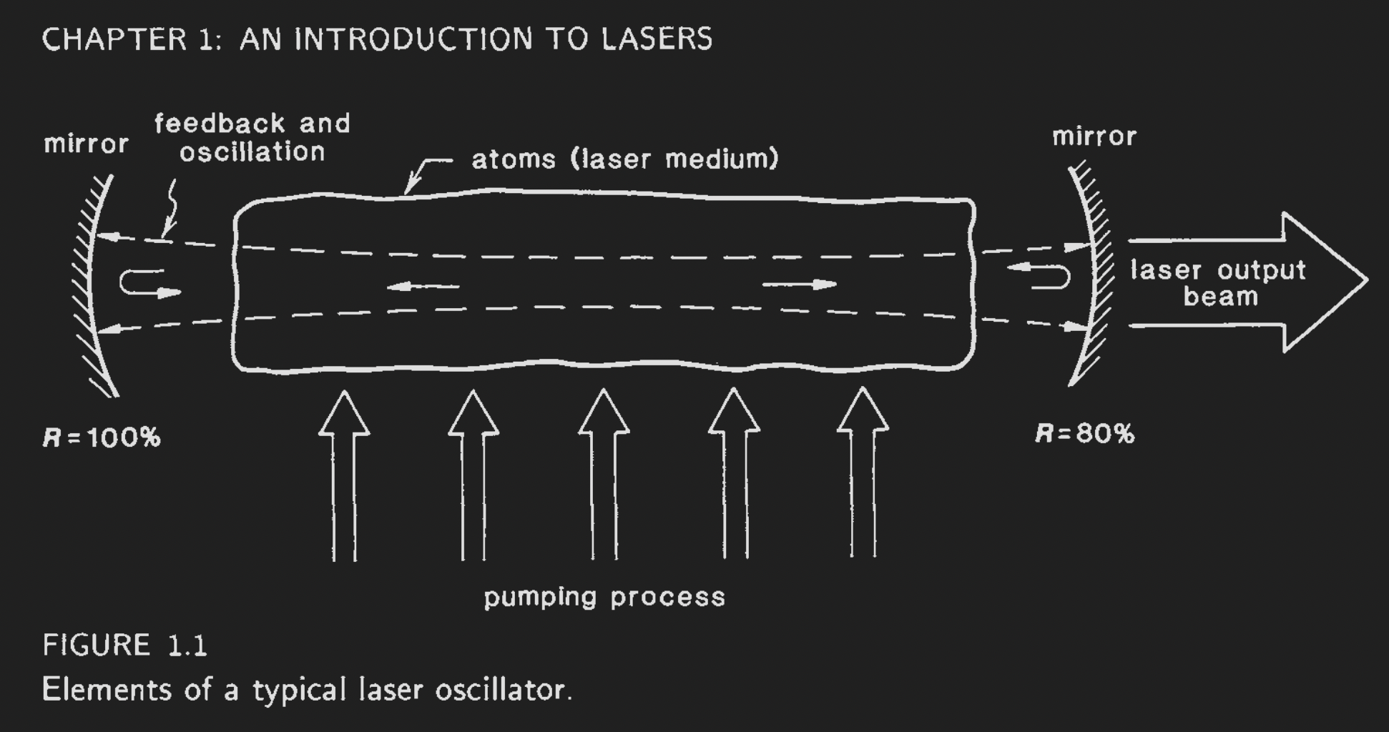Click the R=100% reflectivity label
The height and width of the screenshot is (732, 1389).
point(102,437)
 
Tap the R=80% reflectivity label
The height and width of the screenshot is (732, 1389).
point(1084,434)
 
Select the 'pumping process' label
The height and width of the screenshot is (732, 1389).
point(604,597)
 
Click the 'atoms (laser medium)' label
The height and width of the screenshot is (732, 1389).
point(624,159)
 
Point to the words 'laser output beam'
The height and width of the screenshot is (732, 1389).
point(1218,283)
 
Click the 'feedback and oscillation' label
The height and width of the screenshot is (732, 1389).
point(252,137)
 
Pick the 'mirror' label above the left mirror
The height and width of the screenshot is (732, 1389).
point(86,144)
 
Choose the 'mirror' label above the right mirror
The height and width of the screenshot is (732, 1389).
point(1094,137)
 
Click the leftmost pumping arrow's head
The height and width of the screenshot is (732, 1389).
point(344,415)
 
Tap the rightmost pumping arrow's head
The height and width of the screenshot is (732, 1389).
point(863,412)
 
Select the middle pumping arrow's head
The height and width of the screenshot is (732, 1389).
point(604,414)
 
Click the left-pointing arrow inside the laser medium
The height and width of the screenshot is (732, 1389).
point(423,287)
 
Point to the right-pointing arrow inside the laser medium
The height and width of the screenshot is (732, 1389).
point(800,285)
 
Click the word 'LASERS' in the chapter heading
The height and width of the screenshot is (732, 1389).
point(657,39)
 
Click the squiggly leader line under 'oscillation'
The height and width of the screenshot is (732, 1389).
point(172,207)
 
